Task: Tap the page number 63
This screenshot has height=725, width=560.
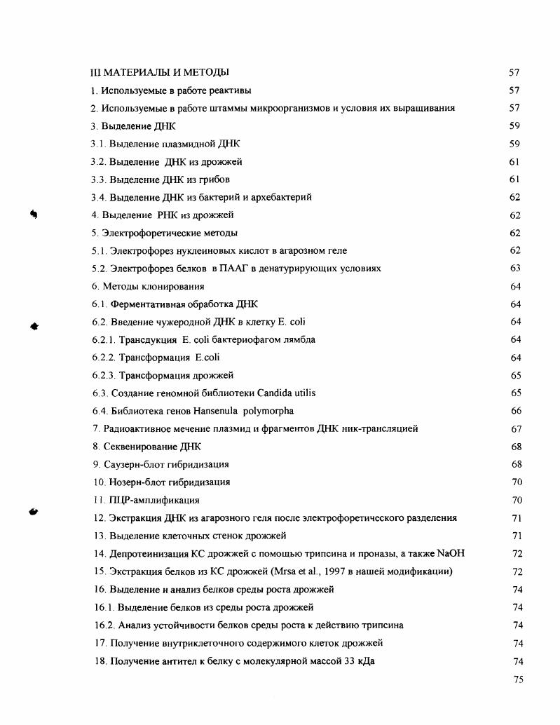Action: [516, 269]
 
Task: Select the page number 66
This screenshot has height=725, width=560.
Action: [516, 411]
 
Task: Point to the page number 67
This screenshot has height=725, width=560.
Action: [516, 428]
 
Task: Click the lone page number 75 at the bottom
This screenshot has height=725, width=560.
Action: [517, 679]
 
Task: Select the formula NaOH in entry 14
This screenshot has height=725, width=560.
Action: [450, 553]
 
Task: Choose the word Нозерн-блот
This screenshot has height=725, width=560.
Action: [135, 482]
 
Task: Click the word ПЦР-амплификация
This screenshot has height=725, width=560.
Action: [154, 500]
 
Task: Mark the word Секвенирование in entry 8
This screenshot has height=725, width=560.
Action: [135, 447]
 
